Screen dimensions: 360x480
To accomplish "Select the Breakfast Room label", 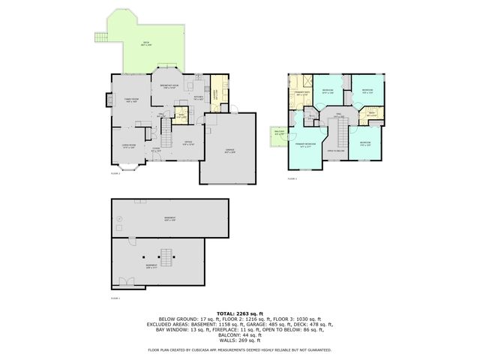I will (169, 85).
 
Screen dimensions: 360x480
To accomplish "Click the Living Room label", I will (129, 145).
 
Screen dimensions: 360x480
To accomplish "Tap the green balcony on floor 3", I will (279, 136).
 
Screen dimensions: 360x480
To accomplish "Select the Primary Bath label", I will (301, 93).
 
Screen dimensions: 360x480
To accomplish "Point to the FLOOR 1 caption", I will (115, 298).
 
